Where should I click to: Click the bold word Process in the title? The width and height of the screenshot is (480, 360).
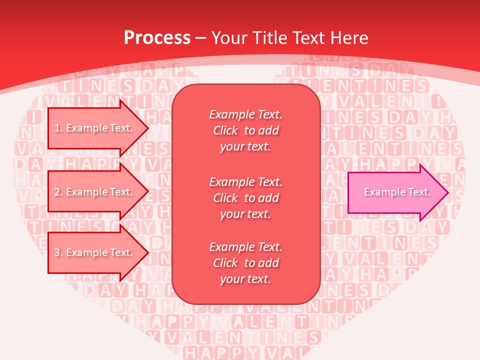pos(157,38)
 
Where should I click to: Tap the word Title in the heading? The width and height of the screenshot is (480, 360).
pos(269,38)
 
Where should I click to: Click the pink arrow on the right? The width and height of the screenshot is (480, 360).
pos(395,192)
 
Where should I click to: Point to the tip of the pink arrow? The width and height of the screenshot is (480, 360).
pos(447,192)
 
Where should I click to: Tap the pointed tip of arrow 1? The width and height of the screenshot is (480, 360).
pos(147,128)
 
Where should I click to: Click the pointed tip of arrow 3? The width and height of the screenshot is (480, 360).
pos(147,252)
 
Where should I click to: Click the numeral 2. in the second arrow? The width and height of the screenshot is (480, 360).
pos(58,192)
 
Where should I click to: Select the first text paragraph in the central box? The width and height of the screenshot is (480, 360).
pos(245,130)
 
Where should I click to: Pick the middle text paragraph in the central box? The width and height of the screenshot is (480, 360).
pos(245,198)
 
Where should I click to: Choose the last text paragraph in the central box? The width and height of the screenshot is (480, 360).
pos(245,263)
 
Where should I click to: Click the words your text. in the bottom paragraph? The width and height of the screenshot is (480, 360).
pos(245,279)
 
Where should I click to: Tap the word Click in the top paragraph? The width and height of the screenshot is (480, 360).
pos(225,130)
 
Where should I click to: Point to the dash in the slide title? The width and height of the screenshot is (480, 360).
pos(201,38)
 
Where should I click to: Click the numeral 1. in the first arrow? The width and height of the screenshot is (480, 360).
pos(58,128)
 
